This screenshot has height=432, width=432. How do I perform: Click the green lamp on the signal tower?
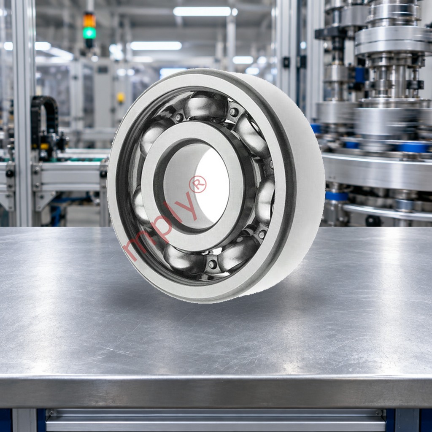point(89,33)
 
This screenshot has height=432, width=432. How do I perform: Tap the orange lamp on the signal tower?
point(89,20)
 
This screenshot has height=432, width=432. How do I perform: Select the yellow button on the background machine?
point(121,97)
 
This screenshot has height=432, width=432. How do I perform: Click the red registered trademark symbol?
point(197,184)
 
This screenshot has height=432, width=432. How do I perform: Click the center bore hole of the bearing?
point(196,185)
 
